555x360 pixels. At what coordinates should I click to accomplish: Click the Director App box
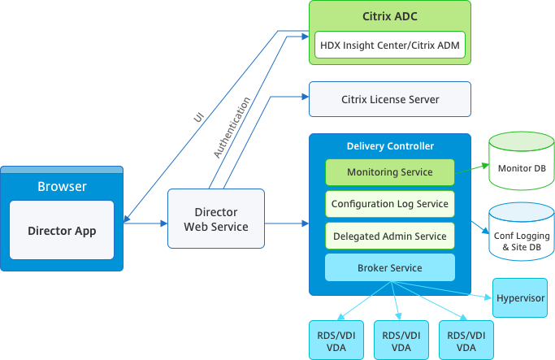62,230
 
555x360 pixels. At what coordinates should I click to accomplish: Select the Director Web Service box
216,219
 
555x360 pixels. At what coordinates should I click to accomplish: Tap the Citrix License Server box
390,99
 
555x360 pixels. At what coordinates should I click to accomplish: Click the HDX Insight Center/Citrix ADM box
390,46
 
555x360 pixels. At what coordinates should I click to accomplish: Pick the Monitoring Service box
390,172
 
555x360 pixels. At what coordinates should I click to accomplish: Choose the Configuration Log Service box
390,204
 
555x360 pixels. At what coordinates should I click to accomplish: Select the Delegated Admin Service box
390,236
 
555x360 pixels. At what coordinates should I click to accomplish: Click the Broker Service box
390,267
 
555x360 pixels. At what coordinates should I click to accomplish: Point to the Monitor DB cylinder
521,167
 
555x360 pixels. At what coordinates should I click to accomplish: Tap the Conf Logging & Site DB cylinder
521,236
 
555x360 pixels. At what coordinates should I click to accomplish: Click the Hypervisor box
521,298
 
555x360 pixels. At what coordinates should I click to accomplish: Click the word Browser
62,186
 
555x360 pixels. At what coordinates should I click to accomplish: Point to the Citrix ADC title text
390,15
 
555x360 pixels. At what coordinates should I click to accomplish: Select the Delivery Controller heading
390,146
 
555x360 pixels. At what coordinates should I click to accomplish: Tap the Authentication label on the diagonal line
232,128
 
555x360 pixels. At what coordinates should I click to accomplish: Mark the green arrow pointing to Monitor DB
471,171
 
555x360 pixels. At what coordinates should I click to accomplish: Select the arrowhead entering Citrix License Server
305,98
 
